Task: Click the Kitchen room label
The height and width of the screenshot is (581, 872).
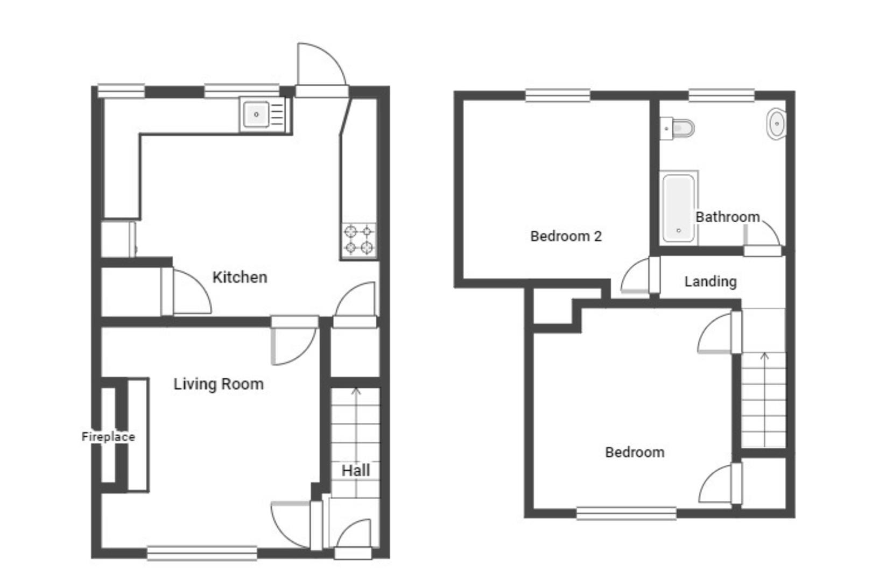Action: tap(240, 278)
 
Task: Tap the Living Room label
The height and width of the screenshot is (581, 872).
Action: tap(219, 385)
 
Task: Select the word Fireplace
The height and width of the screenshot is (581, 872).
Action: tap(108, 437)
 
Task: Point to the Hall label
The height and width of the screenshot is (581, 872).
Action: tap(355, 471)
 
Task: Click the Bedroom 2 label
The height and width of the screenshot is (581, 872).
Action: tap(566, 236)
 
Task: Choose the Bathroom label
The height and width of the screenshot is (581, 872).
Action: tap(728, 217)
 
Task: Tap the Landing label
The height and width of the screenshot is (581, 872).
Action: tap(711, 282)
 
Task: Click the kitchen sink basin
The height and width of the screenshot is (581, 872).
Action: tap(256, 115)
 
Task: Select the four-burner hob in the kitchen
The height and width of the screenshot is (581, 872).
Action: tap(359, 240)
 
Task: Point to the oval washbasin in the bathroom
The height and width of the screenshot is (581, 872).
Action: tap(776, 124)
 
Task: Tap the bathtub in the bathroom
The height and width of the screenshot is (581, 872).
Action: tap(679, 208)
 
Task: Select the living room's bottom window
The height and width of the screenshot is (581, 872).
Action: tap(202, 553)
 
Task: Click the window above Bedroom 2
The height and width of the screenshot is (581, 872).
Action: tap(558, 95)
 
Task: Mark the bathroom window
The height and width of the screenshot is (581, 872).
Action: tap(721, 95)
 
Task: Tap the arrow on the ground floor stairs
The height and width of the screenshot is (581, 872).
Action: tap(356, 442)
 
